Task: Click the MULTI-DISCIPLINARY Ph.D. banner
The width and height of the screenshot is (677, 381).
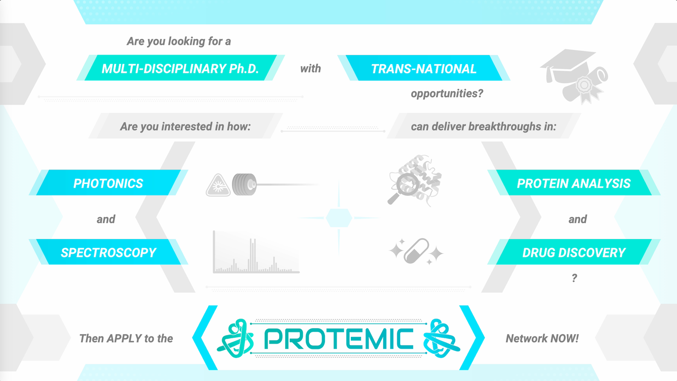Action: coord(180,68)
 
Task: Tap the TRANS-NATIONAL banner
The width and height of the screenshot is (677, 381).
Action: coord(424,68)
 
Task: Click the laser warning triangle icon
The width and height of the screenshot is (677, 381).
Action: coord(218,186)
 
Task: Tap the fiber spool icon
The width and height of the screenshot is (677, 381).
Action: coord(244,184)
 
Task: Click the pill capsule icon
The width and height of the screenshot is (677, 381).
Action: coord(416,251)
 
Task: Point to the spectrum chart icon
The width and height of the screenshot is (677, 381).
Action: coord(256,252)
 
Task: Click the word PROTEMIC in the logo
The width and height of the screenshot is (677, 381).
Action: coord(338,338)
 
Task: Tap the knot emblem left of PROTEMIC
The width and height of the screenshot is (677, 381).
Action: coord(236,338)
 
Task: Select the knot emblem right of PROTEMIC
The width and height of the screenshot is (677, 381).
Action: coord(441,338)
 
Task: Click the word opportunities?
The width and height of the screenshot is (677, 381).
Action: coord(447,94)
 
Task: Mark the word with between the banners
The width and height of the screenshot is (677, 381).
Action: coord(310,68)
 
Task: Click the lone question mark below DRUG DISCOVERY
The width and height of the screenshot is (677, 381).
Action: coord(574,278)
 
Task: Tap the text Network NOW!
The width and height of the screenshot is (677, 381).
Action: coord(542,338)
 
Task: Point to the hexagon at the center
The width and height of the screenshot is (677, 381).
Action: coord(339,218)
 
